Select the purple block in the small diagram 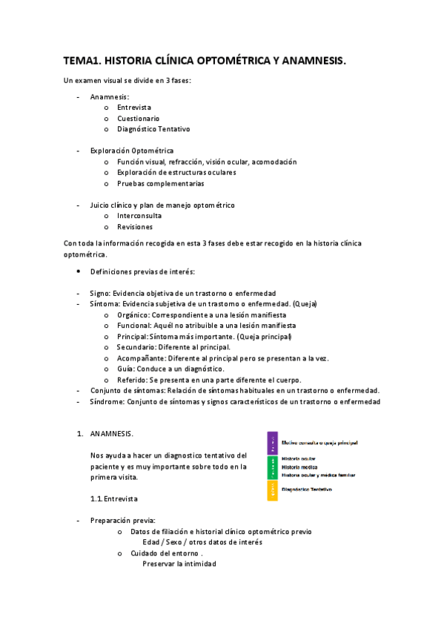273,443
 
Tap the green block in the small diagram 273,467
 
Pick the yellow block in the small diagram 273,490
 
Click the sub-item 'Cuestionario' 138,118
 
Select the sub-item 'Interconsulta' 139,216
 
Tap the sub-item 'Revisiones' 135,227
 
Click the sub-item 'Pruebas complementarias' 160,183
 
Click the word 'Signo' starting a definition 99,293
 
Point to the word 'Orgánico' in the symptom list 132,314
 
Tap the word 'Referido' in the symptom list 133,380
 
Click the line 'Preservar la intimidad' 179,564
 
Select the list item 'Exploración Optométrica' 132,151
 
